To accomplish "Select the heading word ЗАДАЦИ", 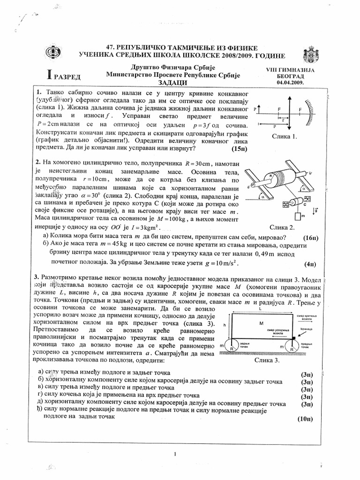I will [x=173, y=82].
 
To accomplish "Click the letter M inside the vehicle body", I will [x=261, y=323].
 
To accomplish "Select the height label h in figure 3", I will [x=225, y=324].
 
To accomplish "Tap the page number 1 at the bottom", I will [x=174, y=454].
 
